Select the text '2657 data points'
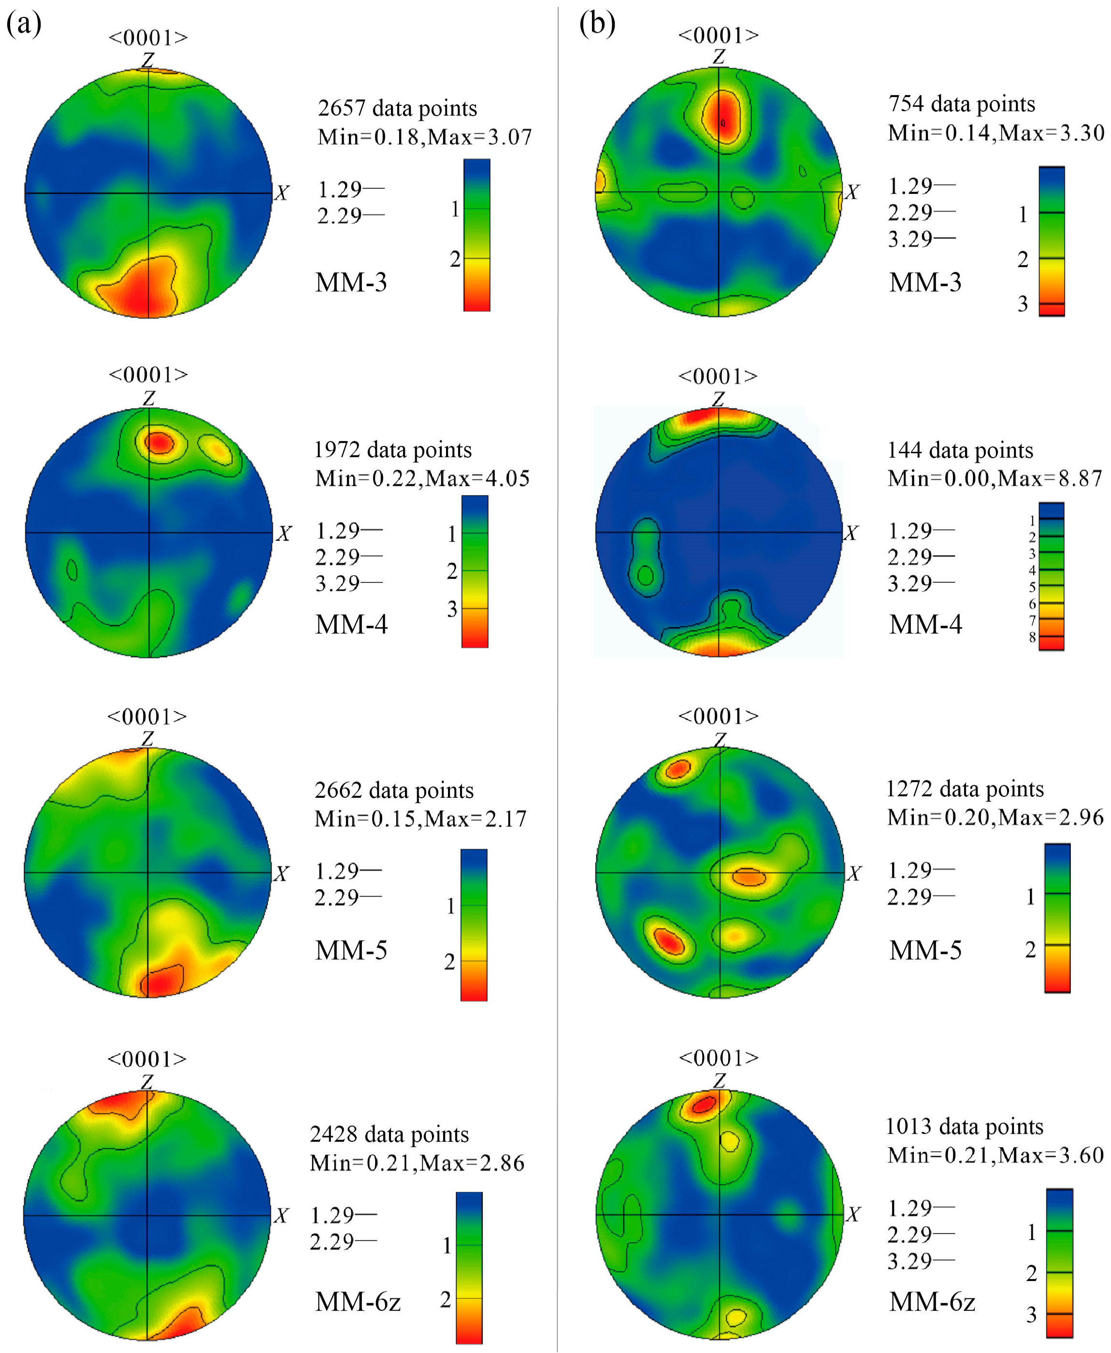[x=397, y=108]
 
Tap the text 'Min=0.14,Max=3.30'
[x=995, y=132]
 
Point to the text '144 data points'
[x=960, y=450]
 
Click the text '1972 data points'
[x=392, y=450]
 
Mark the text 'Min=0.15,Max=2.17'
[x=420, y=819]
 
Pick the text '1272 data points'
[x=965, y=789]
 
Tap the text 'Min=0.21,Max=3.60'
[x=995, y=1154]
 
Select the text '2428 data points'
[x=389, y=1134]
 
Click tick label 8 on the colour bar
[x=1032, y=637]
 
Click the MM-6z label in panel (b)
[x=932, y=1301]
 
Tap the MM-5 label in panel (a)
[x=351, y=950]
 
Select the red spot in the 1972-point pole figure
[x=159, y=442]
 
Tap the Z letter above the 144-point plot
[x=719, y=399]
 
